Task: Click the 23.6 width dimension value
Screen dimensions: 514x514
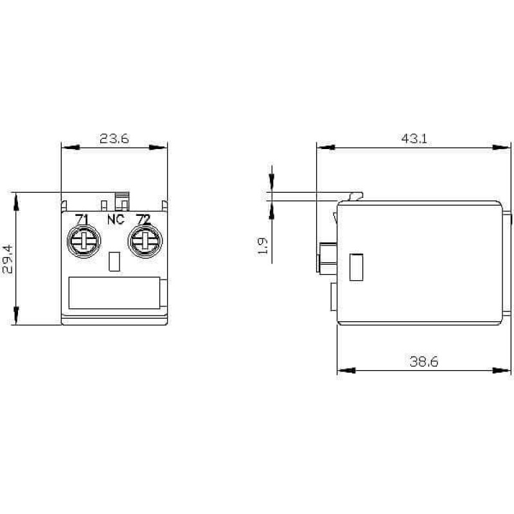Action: pos(114,138)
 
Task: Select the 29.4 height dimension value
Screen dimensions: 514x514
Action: pos(7,259)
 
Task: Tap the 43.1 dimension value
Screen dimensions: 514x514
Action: pos(414,139)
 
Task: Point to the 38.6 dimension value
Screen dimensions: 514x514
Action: pos(424,362)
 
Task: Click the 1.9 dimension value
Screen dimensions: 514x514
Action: pos(263,245)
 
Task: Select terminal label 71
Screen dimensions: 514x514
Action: pos(82,219)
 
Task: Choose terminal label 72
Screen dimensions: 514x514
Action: pos(143,219)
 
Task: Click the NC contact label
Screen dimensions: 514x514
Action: pos(116,219)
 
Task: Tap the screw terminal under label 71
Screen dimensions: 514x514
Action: pos(84,242)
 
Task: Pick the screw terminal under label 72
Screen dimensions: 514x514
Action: pos(145,242)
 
